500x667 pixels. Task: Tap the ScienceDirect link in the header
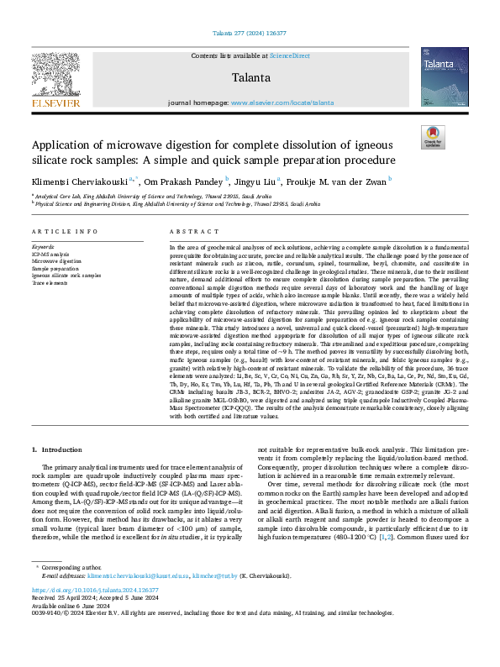[x=288, y=55]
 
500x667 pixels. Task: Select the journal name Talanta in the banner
[x=250, y=77]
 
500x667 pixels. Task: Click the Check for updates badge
[x=433, y=137]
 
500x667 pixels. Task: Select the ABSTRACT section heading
[x=188, y=230]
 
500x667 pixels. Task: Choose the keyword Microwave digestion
[x=57, y=261]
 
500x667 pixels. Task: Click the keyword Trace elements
[x=50, y=282]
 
